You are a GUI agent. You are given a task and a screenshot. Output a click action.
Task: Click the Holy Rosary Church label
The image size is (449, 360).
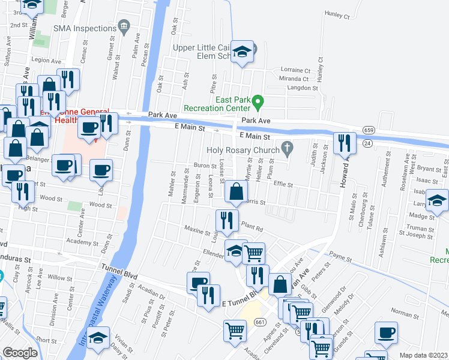click(243, 150)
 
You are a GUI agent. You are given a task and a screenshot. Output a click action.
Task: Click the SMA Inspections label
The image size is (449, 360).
click(83, 28)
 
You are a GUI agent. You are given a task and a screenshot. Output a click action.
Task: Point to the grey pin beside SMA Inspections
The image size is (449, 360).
click(124, 25)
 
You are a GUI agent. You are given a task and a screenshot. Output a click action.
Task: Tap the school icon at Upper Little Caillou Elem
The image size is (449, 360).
click(242, 52)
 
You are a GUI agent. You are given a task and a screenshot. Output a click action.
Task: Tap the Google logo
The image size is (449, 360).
click(20, 353)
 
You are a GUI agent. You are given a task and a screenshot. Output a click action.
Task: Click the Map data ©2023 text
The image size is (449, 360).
click(424, 355)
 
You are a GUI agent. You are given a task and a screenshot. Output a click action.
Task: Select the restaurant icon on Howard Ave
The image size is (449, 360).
click(344, 143)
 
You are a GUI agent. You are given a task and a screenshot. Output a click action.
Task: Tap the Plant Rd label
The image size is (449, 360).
click(253, 228)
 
